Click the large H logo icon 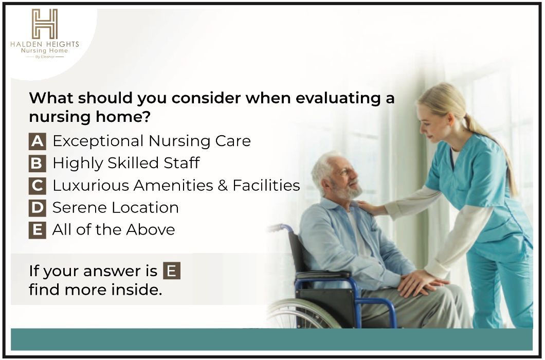coord(45,24)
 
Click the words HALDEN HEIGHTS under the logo coord(45,44)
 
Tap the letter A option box coord(37,141)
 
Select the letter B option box coord(37,164)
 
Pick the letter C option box coord(37,186)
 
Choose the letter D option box coord(37,208)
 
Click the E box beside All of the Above coord(37,230)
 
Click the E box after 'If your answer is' coord(172,271)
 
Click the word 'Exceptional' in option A coord(98,141)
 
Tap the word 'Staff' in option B coord(182,163)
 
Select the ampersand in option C coord(223,185)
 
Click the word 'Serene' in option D coord(80,208)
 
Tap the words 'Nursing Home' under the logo coord(45,51)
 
